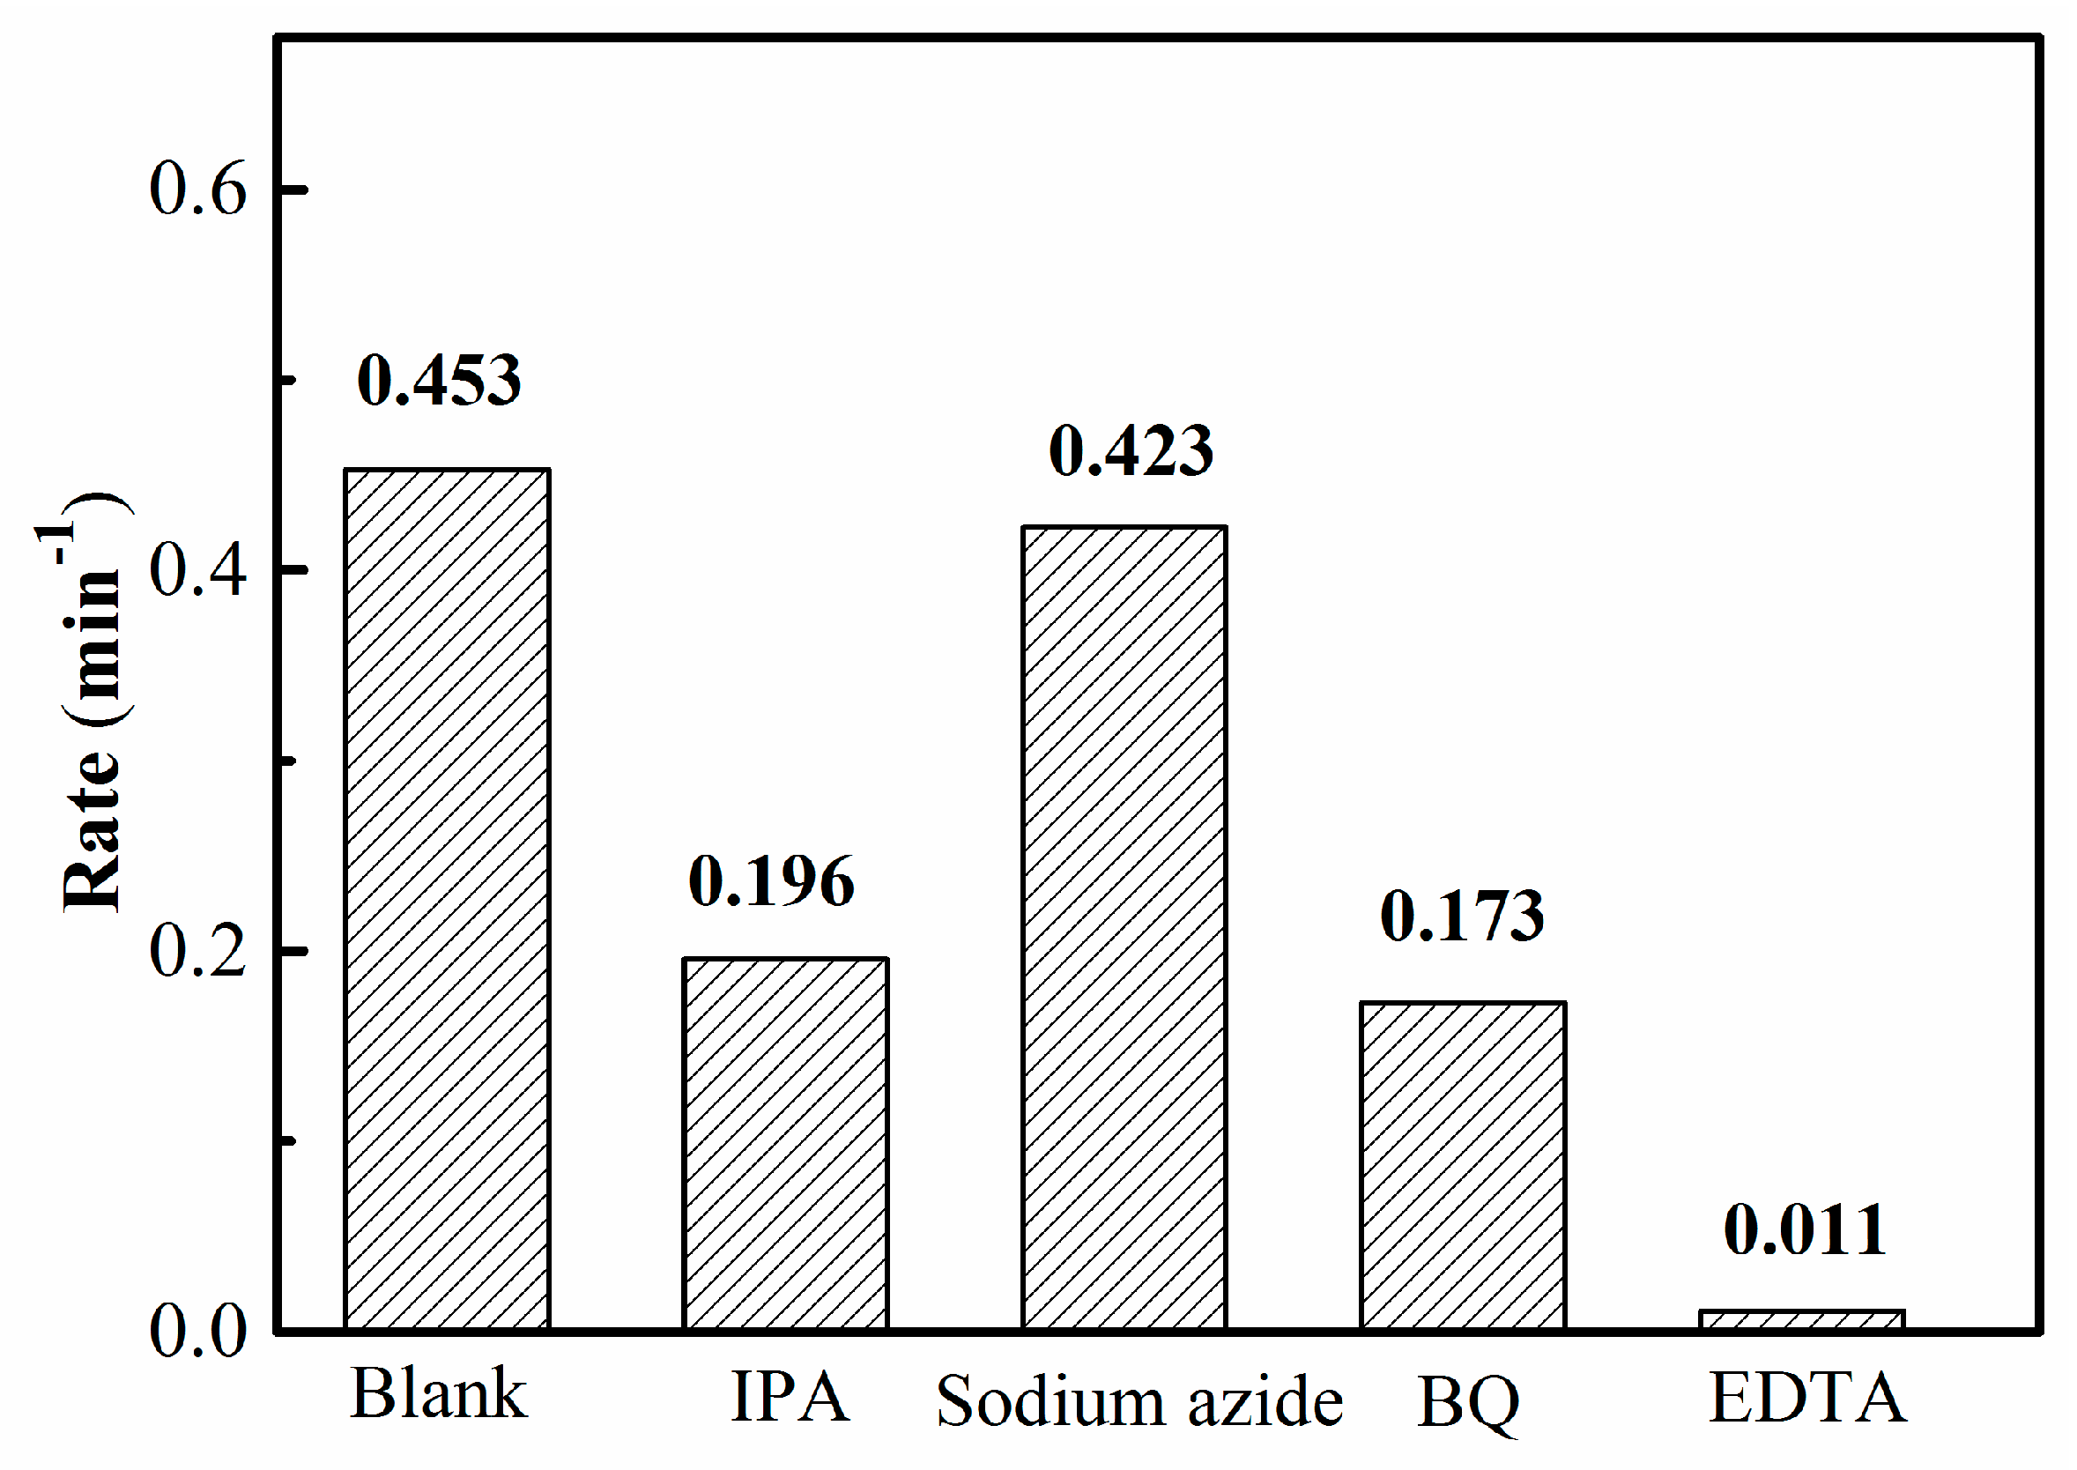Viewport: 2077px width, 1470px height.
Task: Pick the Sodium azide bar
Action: pyautogui.click(x=1124, y=927)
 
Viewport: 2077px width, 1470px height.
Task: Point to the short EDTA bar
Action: pyautogui.click(x=1802, y=1321)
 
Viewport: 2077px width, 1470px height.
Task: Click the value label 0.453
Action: pyautogui.click(x=439, y=380)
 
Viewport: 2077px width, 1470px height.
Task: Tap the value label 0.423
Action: pyautogui.click(x=1131, y=450)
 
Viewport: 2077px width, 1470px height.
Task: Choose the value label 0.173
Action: pyautogui.click(x=1463, y=916)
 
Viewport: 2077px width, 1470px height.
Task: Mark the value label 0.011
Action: pyautogui.click(x=1806, y=1230)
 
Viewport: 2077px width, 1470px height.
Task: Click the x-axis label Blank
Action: pyautogui.click(x=438, y=1395)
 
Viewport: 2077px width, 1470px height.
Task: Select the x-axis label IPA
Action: pyautogui.click(x=790, y=1398)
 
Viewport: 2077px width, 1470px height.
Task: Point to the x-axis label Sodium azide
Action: pyautogui.click(x=1139, y=1401)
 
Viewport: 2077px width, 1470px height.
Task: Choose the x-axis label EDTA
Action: pyautogui.click(x=1807, y=1398)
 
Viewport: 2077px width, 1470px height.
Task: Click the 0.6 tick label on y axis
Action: pyautogui.click(x=197, y=189)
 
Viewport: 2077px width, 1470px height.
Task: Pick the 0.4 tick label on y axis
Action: pyautogui.click(x=197, y=570)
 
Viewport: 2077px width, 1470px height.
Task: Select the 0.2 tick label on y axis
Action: pyautogui.click(x=197, y=951)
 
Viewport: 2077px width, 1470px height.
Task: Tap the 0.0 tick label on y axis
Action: pyautogui.click(x=197, y=1332)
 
